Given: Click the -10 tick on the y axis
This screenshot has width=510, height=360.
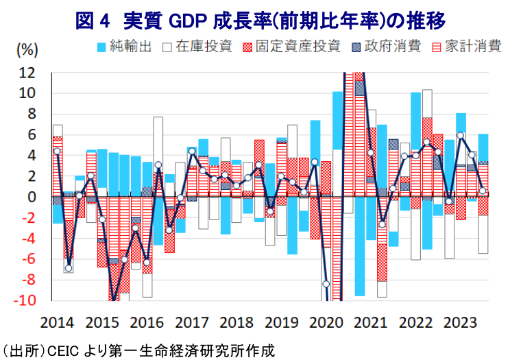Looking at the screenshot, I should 27,301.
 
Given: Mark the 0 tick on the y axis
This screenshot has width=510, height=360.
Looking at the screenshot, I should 34,197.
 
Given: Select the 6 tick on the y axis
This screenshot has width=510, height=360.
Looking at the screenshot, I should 34,134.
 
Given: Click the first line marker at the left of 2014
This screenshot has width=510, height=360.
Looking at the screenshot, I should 57,152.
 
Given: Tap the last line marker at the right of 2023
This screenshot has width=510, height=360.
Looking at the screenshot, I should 483,191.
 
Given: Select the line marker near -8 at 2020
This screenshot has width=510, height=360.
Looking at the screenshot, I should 326,284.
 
